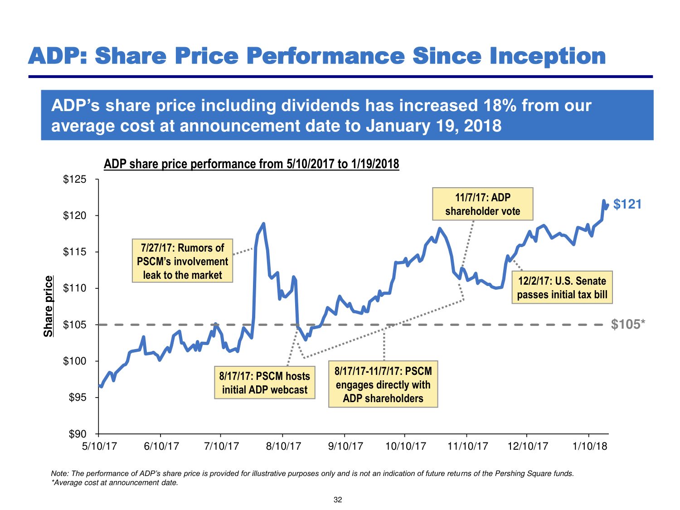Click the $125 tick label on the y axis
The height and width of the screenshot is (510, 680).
[74, 180]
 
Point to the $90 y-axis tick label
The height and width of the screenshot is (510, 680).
[77, 434]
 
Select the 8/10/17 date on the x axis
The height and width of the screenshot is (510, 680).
[283, 446]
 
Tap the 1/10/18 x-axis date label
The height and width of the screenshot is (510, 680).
[589, 446]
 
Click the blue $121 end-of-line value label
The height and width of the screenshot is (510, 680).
[627, 204]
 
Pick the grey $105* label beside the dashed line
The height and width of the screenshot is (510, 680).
[628, 325]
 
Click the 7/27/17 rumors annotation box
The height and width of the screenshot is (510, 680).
[182, 261]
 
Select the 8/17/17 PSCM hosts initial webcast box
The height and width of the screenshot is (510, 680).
[265, 383]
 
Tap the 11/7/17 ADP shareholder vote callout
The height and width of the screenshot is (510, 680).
[482, 204]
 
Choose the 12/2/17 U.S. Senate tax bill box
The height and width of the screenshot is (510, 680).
[562, 287]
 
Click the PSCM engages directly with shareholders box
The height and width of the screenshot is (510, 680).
[383, 384]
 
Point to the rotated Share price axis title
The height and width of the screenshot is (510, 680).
[48, 306]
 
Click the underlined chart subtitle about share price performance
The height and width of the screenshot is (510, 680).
[251, 164]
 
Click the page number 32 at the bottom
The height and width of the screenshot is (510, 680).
[338, 500]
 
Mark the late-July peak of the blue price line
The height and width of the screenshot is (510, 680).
[263, 223]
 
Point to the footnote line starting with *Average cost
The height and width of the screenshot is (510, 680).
[115, 483]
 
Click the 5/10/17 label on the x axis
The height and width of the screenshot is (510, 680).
[99, 446]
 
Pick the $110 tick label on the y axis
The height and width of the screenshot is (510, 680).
[74, 288]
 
